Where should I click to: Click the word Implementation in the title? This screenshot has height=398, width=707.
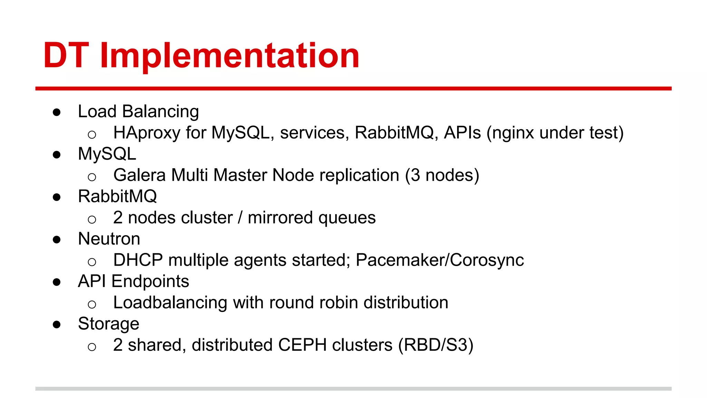pyautogui.click(x=230, y=55)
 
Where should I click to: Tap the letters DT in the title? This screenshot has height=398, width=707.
pyautogui.click(x=66, y=55)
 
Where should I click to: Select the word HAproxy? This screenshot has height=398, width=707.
pyautogui.click(x=146, y=133)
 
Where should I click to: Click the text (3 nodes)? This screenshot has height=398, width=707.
pyautogui.click(x=442, y=175)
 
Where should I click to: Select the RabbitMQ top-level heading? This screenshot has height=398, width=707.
pyautogui.click(x=117, y=197)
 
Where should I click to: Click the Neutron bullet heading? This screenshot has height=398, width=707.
pyautogui.click(x=109, y=239)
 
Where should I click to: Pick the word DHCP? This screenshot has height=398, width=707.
pyautogui.click(x=138, y=260)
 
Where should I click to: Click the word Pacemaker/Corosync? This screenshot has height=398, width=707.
pyautogui.click(x=439, y=260)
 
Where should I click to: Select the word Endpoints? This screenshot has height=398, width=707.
pyautogui.click(x=150, y=282)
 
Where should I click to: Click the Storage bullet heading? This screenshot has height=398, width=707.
pyautogui.click(x=108, y=324)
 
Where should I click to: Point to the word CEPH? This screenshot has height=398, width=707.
pyautogui.click(x=302, y=345)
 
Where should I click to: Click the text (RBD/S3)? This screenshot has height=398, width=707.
pyautogui.click(x=436, y=345)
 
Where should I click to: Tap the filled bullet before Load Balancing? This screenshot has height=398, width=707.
pyautogui.click(x=57, y=112)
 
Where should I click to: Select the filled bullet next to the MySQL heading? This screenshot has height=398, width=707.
pyautogui.click(x=57, y=155)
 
